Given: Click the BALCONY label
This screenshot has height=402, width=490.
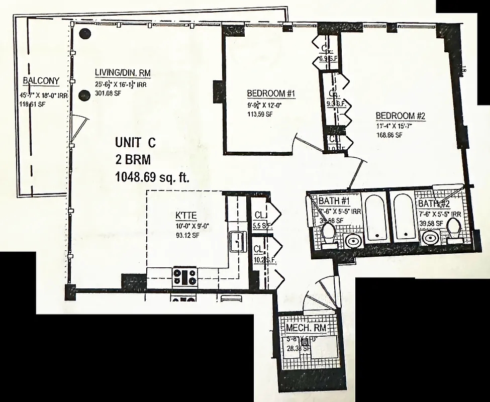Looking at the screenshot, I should (41, 80).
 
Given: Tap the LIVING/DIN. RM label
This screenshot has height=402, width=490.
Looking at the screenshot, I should (123, 73).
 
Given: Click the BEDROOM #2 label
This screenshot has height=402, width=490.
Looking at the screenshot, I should (401, 116).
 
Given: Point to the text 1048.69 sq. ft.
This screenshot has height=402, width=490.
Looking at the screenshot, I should (152, 176).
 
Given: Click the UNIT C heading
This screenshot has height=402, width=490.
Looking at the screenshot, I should (135, 143).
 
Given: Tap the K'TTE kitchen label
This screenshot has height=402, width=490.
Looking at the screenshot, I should (185, 216).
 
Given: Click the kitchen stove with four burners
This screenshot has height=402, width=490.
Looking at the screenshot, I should (185, 276).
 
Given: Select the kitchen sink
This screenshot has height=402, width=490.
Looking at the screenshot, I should (236, 242).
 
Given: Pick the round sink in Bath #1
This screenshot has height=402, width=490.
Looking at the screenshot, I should (353, 241).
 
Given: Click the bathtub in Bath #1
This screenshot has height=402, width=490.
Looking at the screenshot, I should (376, 217).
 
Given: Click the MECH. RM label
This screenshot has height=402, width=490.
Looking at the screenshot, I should (306, 328).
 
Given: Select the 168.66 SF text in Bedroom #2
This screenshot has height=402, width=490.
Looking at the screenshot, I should (389, 135).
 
